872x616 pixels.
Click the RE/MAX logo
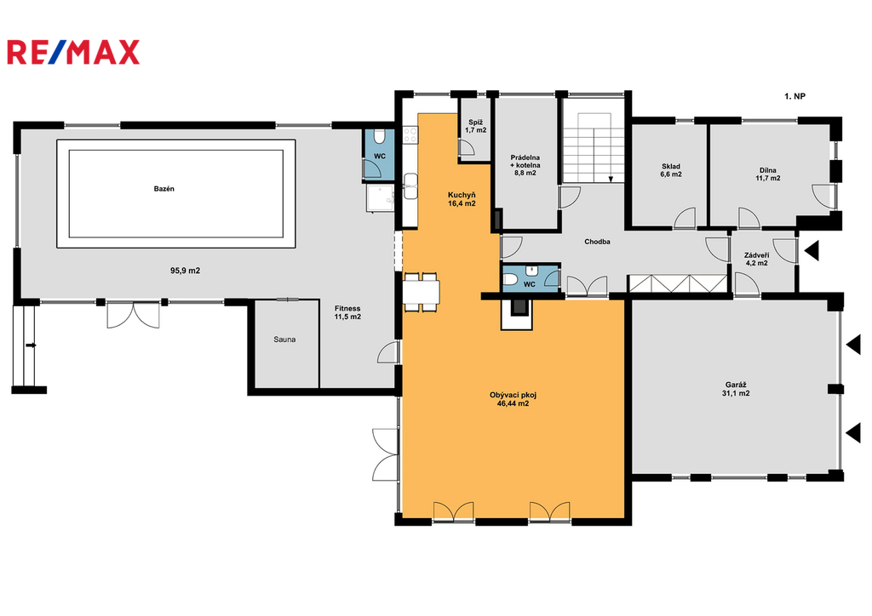point(73,53)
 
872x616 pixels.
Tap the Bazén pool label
point(164,189)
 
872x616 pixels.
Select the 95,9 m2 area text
point(185,271)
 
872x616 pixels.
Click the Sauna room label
point(284,339)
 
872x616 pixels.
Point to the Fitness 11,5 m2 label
point(347,313)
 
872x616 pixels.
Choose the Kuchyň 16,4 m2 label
point(462,199)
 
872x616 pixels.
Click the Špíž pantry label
point(476,126)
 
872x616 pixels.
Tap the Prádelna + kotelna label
point(525,165)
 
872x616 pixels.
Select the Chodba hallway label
point(597,242)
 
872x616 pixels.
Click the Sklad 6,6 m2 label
point(671,170)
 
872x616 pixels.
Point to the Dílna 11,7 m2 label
point(767,174)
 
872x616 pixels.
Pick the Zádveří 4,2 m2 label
point(757,259)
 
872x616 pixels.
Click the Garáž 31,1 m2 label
point(736,389)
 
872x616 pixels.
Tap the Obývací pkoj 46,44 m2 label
point(513,399)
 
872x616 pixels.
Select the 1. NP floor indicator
point(795,96)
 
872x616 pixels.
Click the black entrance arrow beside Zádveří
point(812,250)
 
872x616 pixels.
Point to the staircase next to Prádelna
point(594,147)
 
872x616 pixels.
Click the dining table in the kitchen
point(422,292)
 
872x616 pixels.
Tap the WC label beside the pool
point(379,156)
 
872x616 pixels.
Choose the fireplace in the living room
point(517,313)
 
